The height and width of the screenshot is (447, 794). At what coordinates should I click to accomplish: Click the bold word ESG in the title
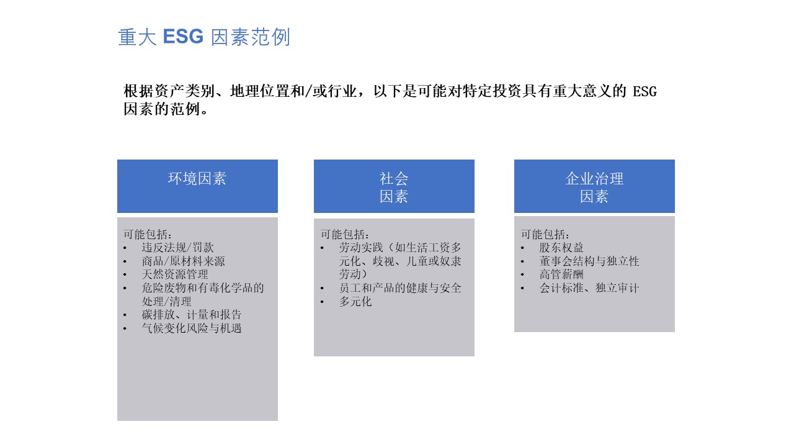pyautogui.click(x=183, y=37)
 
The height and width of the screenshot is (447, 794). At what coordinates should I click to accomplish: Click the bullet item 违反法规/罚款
pyautogui.click(x=177, y=247)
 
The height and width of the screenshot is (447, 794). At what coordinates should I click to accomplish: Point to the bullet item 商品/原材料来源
pyautogui.click(x=183, y=261)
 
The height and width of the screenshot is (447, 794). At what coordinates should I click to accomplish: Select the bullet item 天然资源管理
pyautogui.click(x=175, y=274)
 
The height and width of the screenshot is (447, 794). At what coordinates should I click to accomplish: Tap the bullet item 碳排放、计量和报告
pyautogui.click(x=192, y=314)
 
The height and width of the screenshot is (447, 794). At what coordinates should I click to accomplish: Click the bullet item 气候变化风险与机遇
pyautogui.click(x=192, y=328)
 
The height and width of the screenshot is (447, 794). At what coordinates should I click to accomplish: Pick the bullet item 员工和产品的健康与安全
pyautogui.click(x=400, y=287)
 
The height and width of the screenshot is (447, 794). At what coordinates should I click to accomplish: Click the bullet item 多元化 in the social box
pyautogui.click(x=355, y=302)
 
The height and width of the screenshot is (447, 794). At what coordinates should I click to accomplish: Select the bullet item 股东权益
pyautogui.click(x=561, y=247)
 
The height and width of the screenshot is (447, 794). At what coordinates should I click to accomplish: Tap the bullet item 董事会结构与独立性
pyautogui.click(x=589, y=261)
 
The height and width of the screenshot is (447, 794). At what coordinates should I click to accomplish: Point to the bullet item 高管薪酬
pyautogui.click(x=561, y=274)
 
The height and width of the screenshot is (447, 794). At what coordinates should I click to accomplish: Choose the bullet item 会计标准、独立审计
pyautogui.click(x=589, y=287)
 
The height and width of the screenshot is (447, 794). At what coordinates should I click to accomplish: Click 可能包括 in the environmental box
pyautogui.click(x=145, y=234)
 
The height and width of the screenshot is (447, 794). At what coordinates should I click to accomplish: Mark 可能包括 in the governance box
pyautogui.click(x=543, y=234)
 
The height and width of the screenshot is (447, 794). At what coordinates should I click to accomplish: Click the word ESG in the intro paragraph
pyautogui.click(x=645, y=91)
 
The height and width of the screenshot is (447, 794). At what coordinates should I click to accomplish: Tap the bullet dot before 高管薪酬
pyautogui.click(x=522, y=275)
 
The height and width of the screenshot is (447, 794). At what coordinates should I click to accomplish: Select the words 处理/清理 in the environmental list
pyautogui.click(x=167, y=302)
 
